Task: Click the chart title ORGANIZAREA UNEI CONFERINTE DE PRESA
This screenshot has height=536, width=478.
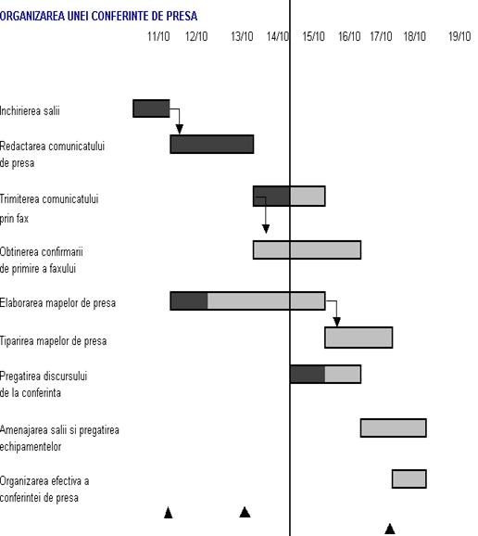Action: (98, 16)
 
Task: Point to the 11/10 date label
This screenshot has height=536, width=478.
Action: (158, 36)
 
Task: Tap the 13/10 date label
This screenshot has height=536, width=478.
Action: (242, 36)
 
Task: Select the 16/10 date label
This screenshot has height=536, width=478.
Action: (349, 36)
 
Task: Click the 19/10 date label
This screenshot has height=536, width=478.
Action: (459, 36)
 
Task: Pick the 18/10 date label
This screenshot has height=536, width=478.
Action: (415, 36)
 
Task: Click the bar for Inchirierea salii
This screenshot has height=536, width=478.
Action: (151, 108)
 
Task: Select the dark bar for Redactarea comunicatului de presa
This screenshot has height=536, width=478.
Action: (212, 145)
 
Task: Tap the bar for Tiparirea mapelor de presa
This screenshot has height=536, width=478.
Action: (358, 338)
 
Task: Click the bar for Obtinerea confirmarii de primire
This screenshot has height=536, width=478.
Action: (307, 249)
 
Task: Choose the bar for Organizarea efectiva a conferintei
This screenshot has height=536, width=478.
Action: (409, 479)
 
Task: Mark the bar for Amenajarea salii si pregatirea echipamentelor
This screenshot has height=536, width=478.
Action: (394, 428)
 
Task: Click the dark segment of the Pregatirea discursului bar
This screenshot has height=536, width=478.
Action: (308, 374)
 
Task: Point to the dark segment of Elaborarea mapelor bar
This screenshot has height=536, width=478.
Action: (189, 300)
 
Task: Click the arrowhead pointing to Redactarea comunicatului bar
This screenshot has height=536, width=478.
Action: (180, 130)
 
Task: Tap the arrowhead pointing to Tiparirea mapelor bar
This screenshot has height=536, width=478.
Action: (336, 322)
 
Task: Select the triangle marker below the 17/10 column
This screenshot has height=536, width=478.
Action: (390, 529)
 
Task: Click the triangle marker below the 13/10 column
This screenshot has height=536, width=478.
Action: (245, 512)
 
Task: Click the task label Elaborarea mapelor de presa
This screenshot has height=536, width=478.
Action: (57, 303)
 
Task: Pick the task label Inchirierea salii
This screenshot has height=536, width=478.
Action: (30, 110)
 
